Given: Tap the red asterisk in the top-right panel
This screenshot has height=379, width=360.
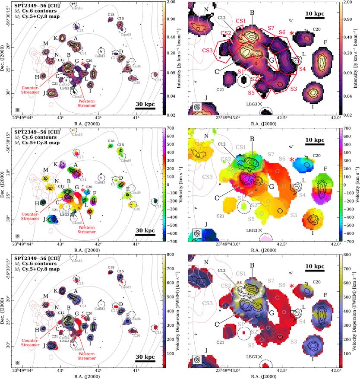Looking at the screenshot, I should tap(292, 33).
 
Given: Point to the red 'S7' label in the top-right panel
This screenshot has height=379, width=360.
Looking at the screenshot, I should tap(271, 28).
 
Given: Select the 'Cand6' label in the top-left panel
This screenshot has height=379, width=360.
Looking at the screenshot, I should tap(78, 8).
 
